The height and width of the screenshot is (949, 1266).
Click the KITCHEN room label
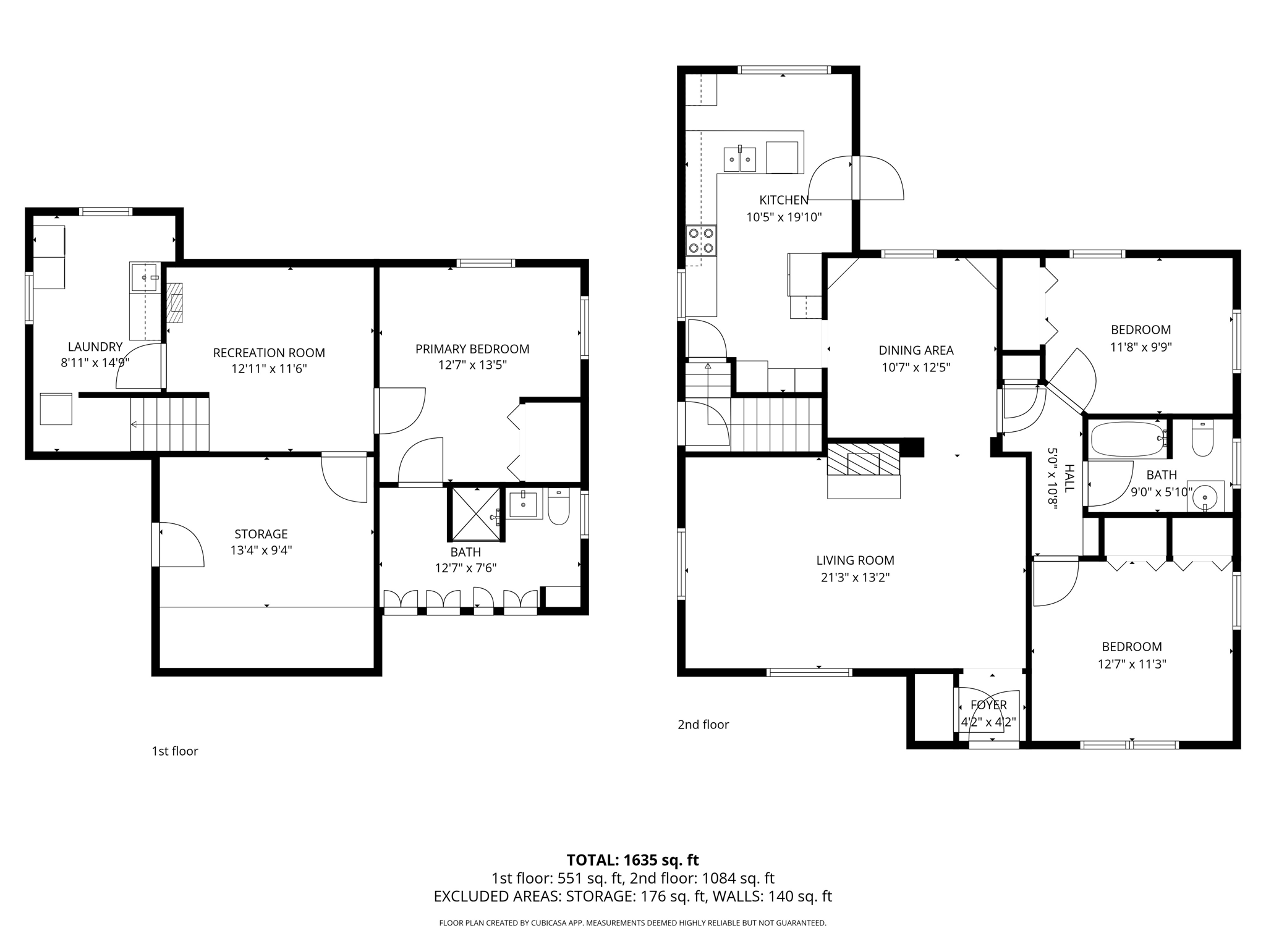click(783, 200)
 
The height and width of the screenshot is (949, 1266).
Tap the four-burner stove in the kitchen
click(701, 240)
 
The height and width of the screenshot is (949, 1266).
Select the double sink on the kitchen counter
click(740, 159)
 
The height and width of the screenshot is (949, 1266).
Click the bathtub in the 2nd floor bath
click(1128, 439)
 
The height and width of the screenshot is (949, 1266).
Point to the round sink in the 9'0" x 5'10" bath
click(1205, 496)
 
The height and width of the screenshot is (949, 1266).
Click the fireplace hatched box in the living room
click(863, 460)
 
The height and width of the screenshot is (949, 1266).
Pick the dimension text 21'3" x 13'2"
click(855, 577)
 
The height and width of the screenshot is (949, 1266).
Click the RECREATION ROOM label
click(269, 353)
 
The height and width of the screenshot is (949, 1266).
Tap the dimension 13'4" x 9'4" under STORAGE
click(261, 550)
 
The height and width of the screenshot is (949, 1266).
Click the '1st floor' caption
click(175, 751)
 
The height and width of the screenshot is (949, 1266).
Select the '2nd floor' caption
click(703, 725)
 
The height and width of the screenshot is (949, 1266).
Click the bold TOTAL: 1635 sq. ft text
click(632, 860)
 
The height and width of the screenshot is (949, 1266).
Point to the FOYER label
click(988, 705)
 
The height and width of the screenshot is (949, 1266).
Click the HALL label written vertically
click(1069, 478)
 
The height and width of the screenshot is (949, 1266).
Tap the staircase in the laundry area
click(169, 424)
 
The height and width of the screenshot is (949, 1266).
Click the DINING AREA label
click(916, 350)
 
